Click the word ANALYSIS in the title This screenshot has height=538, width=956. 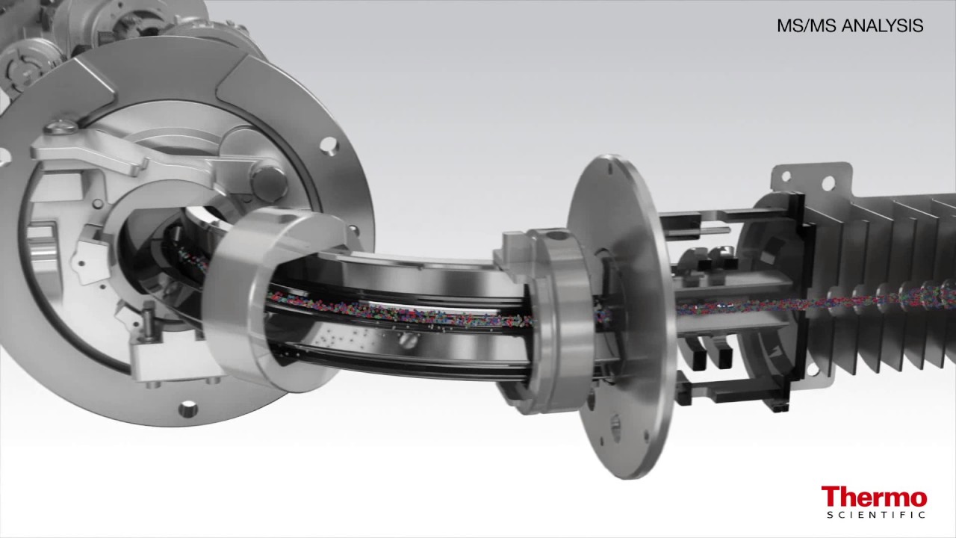coord(883,25)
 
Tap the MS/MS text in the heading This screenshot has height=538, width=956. coord(807,25)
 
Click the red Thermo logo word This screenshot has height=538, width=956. coord(874,497)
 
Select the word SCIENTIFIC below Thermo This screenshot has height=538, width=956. coord(876,515)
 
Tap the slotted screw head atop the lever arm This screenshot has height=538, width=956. coord(62,126)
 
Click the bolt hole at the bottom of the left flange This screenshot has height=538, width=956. coord(187,409)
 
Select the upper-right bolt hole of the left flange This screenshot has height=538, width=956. coord(329,145)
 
